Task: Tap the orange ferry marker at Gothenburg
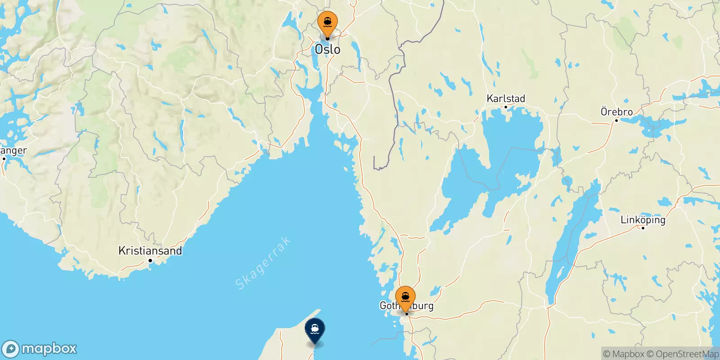[x=405, y=298]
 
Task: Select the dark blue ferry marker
[x=315, y=331]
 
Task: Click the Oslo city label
[x=328, y=49]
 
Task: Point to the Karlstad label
[x=506, y=98]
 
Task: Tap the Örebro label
[x=616, y=112]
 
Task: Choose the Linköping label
[x=643, y=220]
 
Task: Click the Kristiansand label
[x=150, y=251]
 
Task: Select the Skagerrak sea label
[x=263, y=264]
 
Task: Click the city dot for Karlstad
[x=506, y=107]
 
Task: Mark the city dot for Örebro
[x=616, y=120]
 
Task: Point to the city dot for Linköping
[x=643, y=228]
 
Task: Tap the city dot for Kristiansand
[x=150, y=260]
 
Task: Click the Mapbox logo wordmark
[x=49, y=349]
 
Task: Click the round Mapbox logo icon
[x=11, y=349]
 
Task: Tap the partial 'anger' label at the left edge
[x=13, y=151]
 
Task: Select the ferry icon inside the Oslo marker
[x=328, y=21]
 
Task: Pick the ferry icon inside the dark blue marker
[x=315, y=328]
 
